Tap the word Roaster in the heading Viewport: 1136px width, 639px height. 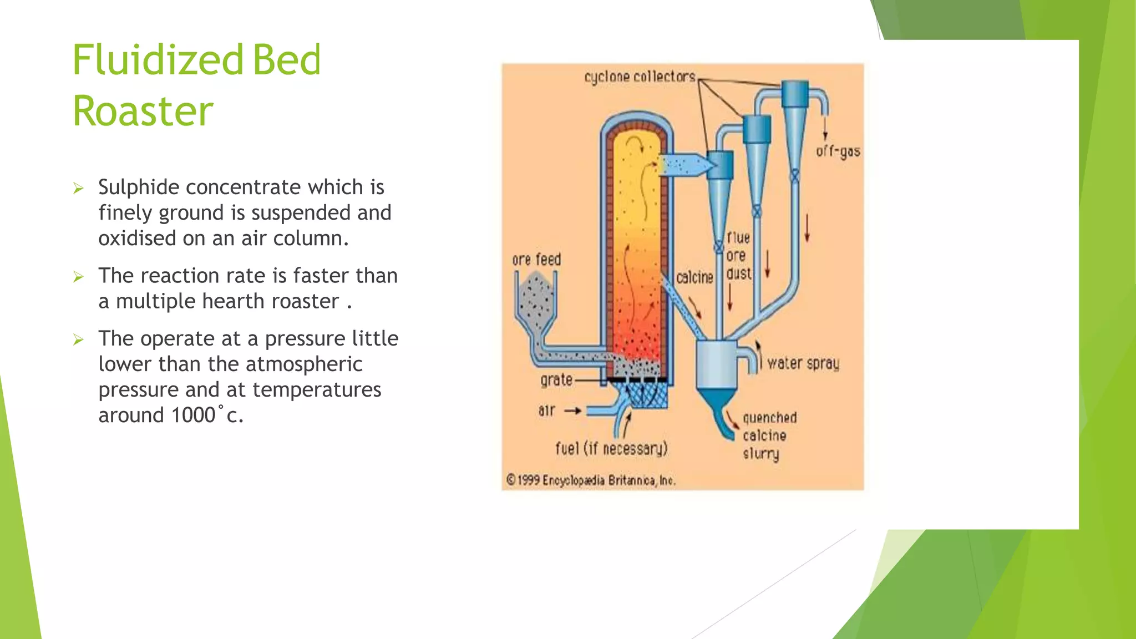(143, 111)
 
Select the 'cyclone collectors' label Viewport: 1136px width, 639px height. (640, 77)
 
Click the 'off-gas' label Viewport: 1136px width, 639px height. (838, 151)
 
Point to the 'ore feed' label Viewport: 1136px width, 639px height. (536, 260)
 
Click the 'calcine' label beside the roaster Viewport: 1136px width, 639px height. (694, 277)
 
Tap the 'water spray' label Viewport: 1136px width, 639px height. (803, 363)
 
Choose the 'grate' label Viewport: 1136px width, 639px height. (556, 380)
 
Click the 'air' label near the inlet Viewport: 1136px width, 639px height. (546, 410)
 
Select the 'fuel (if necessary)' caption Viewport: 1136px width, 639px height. (611, 448)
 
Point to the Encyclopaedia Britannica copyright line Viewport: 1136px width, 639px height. (591, 480)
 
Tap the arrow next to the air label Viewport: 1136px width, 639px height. (572, 411)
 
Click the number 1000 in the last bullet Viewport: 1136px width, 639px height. (193, 415)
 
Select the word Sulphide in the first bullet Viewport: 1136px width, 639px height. (139, 187)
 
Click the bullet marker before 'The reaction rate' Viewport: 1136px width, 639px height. (78, 276)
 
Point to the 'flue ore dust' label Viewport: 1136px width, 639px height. (739, 256)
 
